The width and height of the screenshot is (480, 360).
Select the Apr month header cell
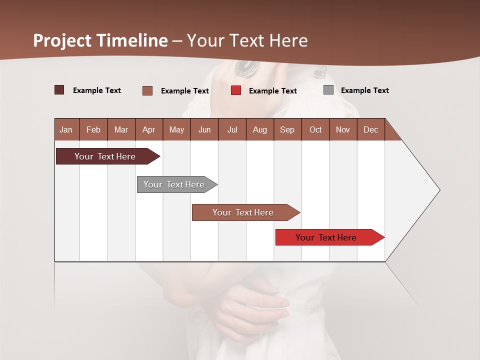pos(149,129)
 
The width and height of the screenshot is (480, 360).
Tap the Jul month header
pos(232,129)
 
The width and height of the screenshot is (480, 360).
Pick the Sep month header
pos(287,129)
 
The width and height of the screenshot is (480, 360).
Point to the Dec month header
pos(371,129)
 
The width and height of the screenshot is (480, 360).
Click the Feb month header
pos(93,129)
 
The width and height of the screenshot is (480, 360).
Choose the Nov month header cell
pos(343,129)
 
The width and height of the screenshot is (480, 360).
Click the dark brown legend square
pos(59,90)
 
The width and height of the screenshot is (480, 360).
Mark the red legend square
pos(236,90)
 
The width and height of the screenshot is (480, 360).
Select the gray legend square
pos(328,90)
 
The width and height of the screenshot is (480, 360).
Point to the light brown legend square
pos(147,90)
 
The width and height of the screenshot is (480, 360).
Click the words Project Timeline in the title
pos(100,40)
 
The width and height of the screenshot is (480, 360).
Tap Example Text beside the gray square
pos(364,90)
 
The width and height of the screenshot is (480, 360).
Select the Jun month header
pos(204,129)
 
